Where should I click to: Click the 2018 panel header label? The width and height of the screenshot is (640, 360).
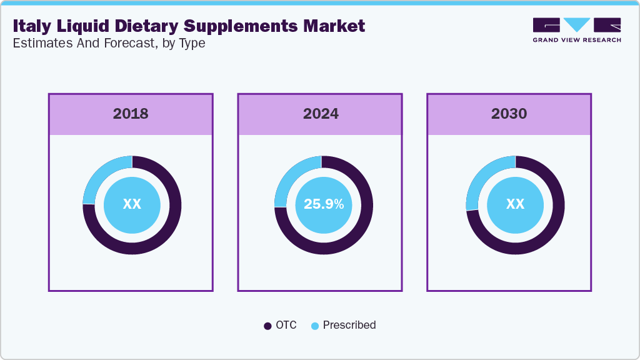(x=131, y=114)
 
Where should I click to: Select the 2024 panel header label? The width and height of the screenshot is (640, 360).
(x=321, y=114)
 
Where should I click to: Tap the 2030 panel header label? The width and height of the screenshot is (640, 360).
(x=509, y=114)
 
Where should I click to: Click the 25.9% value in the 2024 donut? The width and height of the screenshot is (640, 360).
(x=323, y=204)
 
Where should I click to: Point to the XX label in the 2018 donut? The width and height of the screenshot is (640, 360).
(x=132, y=204)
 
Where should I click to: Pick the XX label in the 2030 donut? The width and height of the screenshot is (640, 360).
(x=515, y=204)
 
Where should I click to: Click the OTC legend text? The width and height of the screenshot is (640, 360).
(x=286, y=325)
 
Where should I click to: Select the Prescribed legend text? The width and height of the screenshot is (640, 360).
(x=349, y=325)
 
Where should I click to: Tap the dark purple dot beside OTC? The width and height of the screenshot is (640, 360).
(x=267, y=326)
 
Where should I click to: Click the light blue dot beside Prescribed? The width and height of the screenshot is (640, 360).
(x=314, y=326)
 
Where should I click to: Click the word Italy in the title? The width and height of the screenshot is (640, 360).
(x=31, y=26)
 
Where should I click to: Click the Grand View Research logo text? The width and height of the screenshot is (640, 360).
(x=577, y=40)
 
